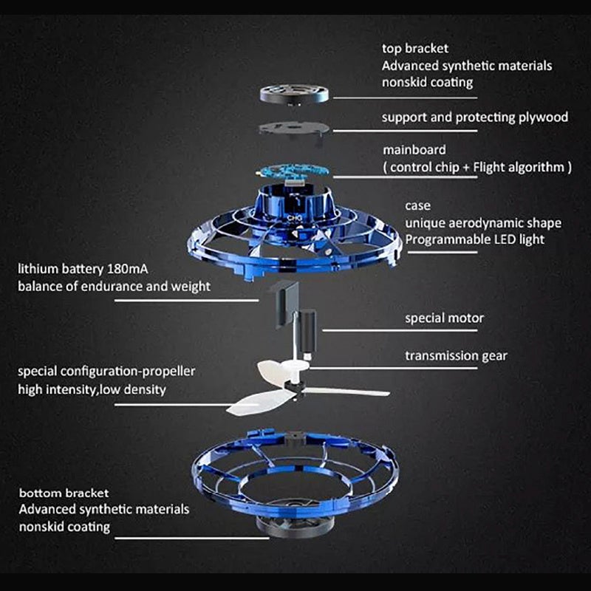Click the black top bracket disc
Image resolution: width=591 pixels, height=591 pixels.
point(294,94)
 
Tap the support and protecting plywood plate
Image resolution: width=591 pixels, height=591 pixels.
point(294,129)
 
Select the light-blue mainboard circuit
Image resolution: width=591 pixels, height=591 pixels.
point(293,171)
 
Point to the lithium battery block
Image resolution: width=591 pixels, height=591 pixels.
point(287,304)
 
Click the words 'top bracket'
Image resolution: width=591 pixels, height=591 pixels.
point(415,49)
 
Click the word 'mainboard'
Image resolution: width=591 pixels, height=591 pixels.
point(414,150)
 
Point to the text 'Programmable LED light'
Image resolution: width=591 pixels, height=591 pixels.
point(474,239)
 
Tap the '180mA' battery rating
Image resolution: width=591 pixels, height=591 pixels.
point(128,269)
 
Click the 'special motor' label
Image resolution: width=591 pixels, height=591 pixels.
point(445,318)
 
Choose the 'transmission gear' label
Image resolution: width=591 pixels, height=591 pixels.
point(456,356)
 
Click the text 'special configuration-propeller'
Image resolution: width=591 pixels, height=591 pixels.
point(106,372)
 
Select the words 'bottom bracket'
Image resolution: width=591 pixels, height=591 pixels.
point(64,493)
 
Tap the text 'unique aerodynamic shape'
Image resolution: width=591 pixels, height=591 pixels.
point(483,223)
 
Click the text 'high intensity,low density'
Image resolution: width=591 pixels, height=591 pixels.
point(92,390)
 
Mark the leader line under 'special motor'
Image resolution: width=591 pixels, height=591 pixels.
point(400,330)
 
